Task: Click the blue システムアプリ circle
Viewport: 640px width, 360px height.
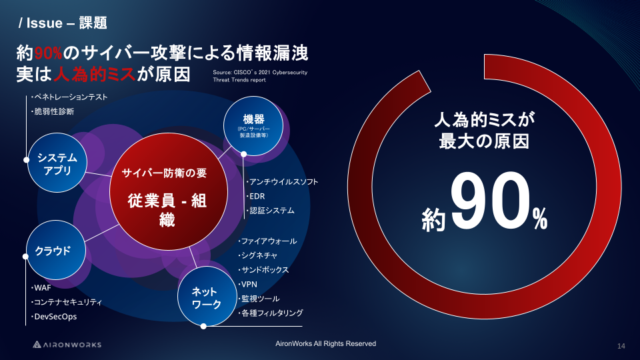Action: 57,163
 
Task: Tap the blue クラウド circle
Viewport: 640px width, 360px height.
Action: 56,250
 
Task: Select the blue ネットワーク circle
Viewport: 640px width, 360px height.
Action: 207,296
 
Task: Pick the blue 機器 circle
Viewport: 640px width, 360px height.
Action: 253,126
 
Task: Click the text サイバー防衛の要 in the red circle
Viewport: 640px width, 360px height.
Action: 165,173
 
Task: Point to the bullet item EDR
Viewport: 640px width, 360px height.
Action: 255,196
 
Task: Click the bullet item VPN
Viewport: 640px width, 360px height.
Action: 248,284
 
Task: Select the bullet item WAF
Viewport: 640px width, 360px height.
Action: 41,288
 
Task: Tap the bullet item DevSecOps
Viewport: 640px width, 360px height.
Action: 54,316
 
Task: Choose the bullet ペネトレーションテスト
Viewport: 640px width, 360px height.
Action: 69,97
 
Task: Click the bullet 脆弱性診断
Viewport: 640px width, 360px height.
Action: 53,111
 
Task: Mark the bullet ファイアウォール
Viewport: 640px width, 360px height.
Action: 267,241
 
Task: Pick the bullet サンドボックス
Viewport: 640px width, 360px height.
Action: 264,270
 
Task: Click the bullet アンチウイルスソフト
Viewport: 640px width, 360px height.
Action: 282,181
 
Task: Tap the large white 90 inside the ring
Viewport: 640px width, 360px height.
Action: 490,200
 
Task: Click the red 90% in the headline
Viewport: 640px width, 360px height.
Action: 48,53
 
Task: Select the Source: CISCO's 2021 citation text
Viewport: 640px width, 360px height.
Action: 260,76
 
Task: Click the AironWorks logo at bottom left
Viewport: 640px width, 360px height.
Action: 67,345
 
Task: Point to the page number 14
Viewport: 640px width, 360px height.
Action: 621,346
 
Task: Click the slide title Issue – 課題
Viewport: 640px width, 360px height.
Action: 63,23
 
